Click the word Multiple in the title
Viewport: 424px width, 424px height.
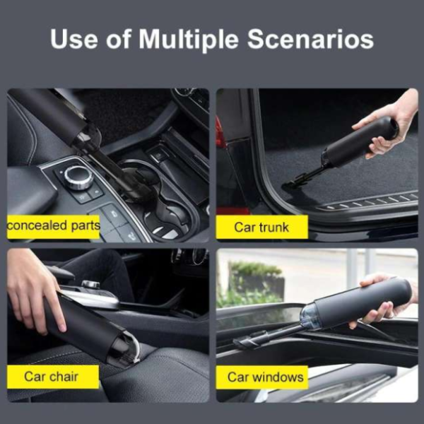(189, 40)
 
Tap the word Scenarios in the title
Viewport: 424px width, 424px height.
(310, 39)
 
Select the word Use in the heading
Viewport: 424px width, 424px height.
(73, 39)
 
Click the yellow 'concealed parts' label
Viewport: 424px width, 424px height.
(54, 227)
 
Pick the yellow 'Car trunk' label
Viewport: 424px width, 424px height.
(261, 227)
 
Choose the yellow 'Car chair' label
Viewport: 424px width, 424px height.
(53, 377)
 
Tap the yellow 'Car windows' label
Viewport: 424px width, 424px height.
(262, 377)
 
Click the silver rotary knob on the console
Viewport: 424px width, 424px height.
(78, 177)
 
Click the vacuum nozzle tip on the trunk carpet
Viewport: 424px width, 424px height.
(290, 185)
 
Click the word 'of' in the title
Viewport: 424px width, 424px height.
(119, 39)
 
